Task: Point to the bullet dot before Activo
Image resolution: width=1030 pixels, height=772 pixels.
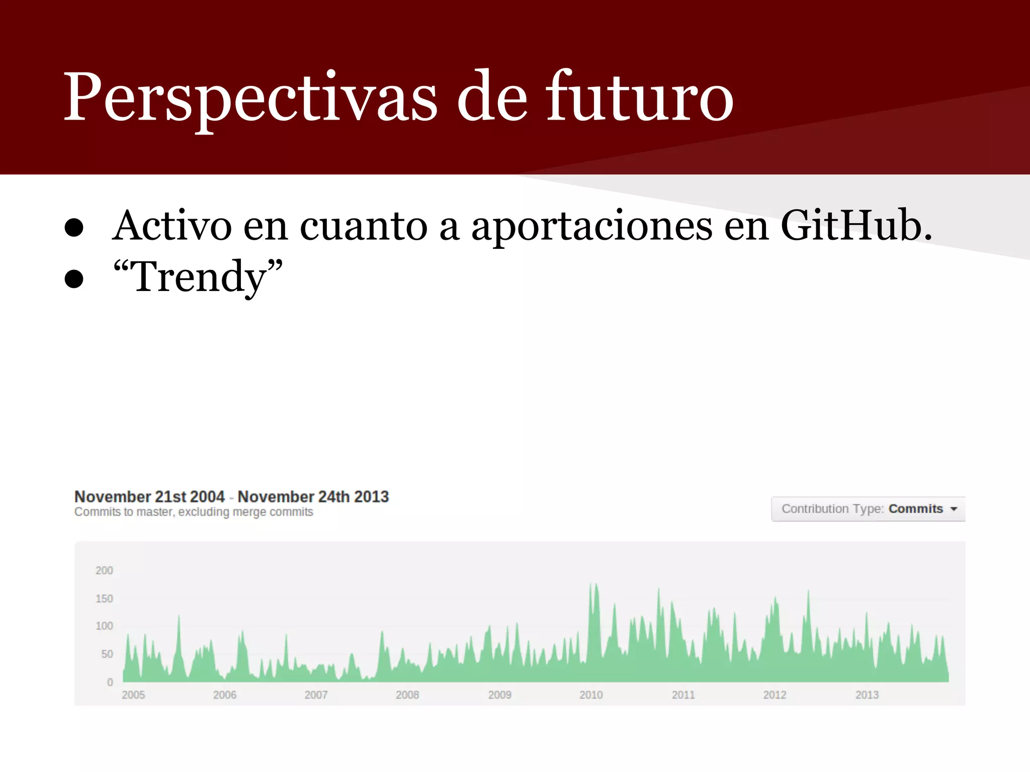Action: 74,228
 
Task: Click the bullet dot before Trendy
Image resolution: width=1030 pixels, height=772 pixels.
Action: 74,279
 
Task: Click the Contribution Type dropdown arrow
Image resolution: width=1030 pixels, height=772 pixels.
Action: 954,509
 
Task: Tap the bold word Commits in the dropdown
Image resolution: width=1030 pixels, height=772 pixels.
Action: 915,509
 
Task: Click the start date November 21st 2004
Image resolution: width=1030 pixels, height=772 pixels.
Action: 149,497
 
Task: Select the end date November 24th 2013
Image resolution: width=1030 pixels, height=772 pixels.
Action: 313,497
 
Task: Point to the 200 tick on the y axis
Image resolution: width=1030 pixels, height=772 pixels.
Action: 104,570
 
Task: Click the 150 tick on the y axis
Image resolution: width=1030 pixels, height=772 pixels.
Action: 104,599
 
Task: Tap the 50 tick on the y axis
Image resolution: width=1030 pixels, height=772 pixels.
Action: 107,654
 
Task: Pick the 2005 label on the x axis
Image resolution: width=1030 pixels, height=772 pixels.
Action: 133,695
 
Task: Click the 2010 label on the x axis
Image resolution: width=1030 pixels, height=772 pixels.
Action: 591,695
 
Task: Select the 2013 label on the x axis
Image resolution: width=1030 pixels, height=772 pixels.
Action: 867,695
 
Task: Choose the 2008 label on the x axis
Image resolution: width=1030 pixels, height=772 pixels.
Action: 407,695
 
